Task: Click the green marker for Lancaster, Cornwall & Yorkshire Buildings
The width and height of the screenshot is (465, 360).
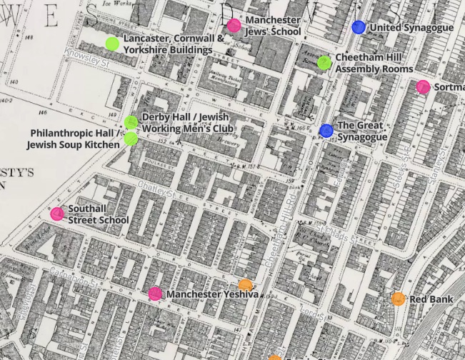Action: click(x=112, y=44)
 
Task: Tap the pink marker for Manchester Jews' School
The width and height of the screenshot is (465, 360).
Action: click(x=234, y=26)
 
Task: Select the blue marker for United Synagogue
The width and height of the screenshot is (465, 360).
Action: click(x=359, y=27)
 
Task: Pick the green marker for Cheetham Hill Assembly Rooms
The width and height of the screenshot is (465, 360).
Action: click(x=324, y=63)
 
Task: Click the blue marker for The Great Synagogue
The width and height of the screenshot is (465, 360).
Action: click(x=326, y=130)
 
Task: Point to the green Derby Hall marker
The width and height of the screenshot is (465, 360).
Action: click(x=131, y=123)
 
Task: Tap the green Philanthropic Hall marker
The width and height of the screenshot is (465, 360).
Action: click(x=131, y=139)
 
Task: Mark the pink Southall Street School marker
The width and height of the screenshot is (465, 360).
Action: click(x=57, y=214)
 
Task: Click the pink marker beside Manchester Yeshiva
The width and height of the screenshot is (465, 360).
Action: click(x=155, y=293)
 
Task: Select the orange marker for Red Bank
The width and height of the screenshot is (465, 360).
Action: click(x=398, y=299)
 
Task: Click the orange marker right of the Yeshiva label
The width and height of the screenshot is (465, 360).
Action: click(x=245, y=285)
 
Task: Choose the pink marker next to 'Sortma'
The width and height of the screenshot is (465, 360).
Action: click(x=423, y=87)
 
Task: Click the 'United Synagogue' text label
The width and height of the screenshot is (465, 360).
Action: click(x=412, y=28)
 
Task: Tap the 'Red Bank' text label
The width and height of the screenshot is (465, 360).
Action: click(x=431, y=299)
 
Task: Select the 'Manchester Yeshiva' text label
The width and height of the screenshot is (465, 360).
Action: click(x=212, y=294)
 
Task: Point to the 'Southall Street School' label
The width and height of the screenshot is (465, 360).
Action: click(x=98, y=215)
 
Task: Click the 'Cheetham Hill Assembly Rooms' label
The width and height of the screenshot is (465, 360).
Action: click(x=374, y=64)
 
